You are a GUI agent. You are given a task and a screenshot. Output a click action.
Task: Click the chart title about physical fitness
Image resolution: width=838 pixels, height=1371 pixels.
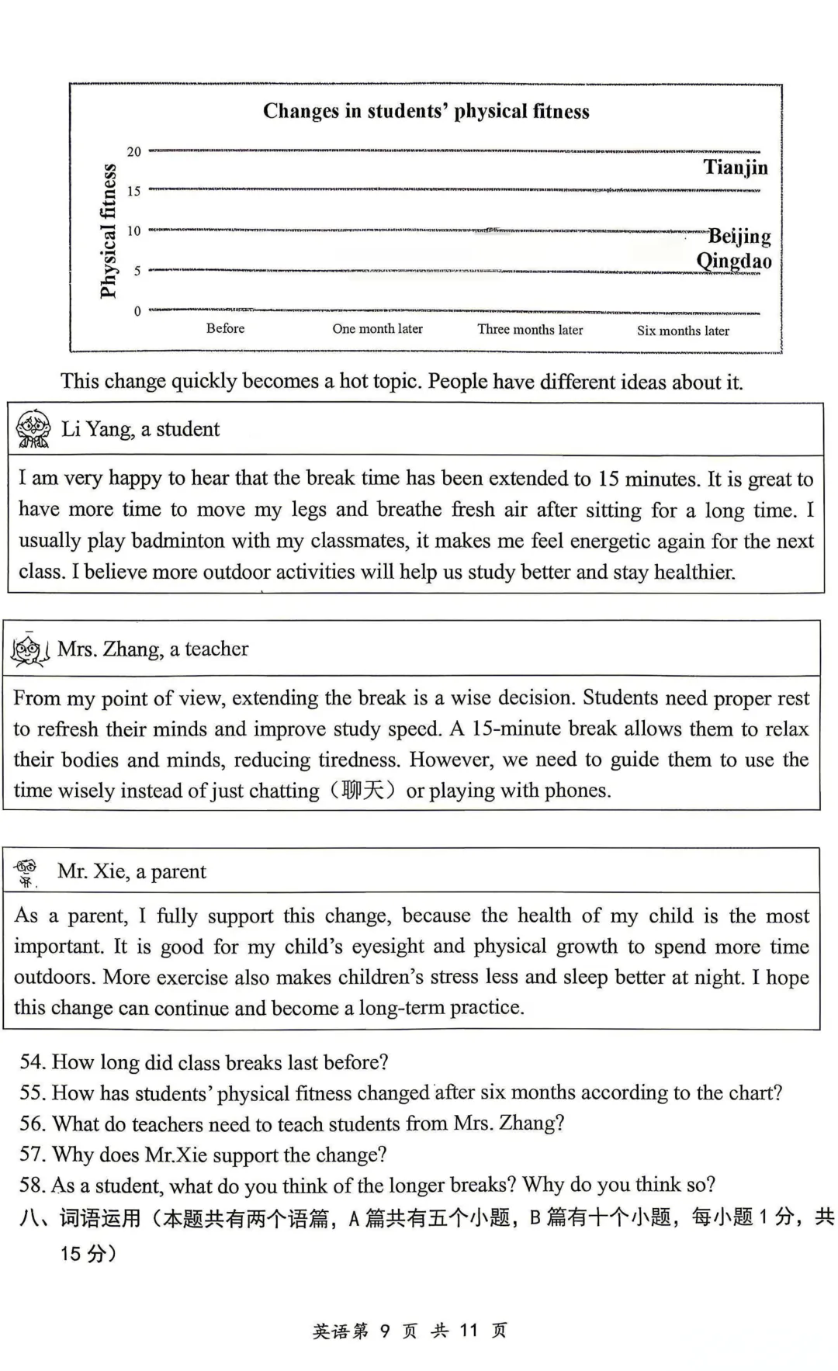[x=426, y=111]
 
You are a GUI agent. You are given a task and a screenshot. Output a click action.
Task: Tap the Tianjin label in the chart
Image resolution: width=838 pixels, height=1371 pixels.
[x=735, y=167]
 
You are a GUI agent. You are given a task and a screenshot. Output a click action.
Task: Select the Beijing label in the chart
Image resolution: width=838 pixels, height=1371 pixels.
[x=739, y=235]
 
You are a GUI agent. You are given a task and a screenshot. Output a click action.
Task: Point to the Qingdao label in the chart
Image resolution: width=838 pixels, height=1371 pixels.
[x=733, y=261]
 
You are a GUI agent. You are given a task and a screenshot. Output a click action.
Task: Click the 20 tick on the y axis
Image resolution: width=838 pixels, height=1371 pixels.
[x=134, y=152]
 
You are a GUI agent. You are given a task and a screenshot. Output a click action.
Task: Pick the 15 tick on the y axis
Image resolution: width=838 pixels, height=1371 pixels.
[x=134, y=191]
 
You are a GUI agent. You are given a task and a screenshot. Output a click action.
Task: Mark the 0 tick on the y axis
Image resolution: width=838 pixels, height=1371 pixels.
[x=137, y=311]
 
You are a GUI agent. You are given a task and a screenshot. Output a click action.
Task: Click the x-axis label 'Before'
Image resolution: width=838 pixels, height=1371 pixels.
[x=225, y=328]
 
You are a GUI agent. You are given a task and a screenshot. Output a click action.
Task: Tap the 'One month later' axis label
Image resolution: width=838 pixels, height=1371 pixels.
[x=377, y=329]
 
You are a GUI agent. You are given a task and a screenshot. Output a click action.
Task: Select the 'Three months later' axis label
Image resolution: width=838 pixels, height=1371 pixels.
[x=530, y=330]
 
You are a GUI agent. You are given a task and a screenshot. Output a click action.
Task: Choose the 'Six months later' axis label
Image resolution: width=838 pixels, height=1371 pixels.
[x=683, y=331]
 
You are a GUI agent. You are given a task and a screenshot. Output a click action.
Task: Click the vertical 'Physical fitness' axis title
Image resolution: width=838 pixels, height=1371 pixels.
[x=108, y=230]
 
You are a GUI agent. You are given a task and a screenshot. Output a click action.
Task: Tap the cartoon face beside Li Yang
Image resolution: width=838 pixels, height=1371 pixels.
[x=33, y=429]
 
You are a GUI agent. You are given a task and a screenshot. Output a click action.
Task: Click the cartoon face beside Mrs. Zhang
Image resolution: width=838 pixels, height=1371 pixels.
[x=29, y=650]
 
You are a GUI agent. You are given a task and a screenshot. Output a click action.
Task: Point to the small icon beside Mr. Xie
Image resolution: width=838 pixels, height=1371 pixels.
[x=27, y=872]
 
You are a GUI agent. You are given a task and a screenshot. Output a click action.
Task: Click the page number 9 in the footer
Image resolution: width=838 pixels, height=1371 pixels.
[x=385, y=1331]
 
